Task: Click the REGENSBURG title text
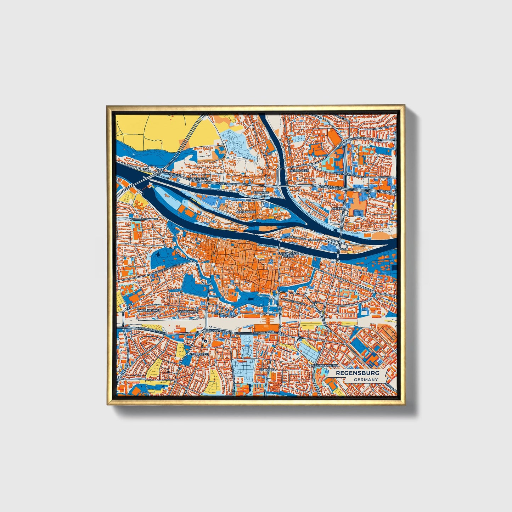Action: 358,373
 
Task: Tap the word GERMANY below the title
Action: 366,379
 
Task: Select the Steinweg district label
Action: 262,192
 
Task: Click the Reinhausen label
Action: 299,170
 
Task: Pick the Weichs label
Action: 337,209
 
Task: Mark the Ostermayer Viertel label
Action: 288,255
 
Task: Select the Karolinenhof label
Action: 148,310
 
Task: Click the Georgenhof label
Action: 187,311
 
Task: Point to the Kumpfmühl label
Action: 198,354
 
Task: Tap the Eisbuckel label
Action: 267,369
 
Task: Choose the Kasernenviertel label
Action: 325,365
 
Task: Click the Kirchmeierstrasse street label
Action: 152,330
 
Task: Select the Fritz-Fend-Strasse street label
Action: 224,314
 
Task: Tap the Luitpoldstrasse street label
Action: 294,302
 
